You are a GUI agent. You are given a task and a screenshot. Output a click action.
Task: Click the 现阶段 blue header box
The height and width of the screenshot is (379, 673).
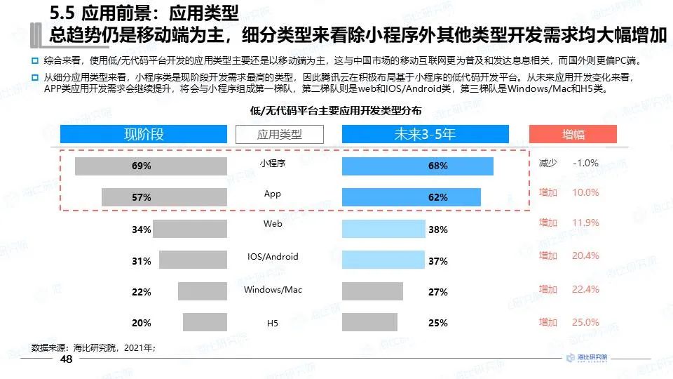coord(144,134)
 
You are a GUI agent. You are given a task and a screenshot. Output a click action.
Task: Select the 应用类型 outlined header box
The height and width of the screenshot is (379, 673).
coord(279,134)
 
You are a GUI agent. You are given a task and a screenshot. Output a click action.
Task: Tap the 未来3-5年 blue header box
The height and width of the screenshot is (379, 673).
coord(425,134)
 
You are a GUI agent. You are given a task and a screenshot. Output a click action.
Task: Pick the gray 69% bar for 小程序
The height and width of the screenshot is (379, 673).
coord(151,166)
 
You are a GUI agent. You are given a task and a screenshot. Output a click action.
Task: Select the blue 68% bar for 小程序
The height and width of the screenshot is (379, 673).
coord(418,166)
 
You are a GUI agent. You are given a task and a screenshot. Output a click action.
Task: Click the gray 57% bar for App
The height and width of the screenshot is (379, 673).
coord(164,197)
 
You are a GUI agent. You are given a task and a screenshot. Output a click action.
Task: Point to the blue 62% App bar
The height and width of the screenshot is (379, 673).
coord(412,197)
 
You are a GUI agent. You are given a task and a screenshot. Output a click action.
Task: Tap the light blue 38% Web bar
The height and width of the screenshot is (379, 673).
coord(383,229)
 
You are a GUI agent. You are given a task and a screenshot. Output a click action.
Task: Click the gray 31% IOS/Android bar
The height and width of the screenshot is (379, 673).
coord(193,260)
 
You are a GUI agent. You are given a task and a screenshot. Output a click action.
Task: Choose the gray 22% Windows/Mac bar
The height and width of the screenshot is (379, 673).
coord(203,291)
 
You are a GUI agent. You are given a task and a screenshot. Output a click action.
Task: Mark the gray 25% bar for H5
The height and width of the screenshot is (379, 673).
coord(370,322)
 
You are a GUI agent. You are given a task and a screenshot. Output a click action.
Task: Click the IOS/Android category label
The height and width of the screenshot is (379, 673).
coord(273,257)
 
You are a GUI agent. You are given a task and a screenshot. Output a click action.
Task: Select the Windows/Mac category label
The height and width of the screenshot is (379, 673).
coord(273,289)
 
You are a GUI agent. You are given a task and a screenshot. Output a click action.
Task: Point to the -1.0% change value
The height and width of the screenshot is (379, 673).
coord(585,163)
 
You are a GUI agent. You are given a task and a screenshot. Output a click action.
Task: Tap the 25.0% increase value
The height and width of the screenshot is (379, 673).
coord(585,322)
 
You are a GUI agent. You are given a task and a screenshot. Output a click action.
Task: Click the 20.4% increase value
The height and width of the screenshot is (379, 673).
coord(585,255)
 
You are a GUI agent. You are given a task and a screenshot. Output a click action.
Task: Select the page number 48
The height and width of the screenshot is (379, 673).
coord(67,360)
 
